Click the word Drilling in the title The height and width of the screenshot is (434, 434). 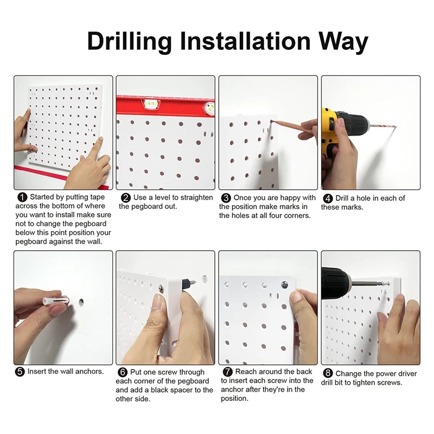pyautogui.click(x=129, y=42)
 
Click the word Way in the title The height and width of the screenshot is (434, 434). pyautogui.click(x=343, y=42)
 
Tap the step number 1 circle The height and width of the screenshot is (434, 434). pyautogui.click(x=22, y=197)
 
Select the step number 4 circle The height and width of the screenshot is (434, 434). pyautogui.click(x=328, y=199)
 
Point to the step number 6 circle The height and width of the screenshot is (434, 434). pyautogui.click(x=123, y=372)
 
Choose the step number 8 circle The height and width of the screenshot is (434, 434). pyautogui.click(x=328, y=373)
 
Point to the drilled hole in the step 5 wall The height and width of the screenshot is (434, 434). pyautogui.click(x=81, y=302)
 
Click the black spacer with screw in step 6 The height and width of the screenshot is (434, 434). pyautogui.click(x=189, y=284)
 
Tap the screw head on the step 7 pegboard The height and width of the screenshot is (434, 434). pyautogui.click(x=284, y=284)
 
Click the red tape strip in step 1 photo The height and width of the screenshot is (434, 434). pyautogui.click(x=61, y=177)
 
